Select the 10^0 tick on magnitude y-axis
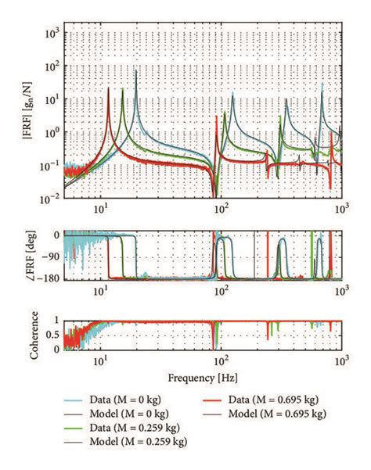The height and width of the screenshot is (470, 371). coord(52,132)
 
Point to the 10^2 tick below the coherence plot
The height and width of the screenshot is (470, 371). coord(222,360)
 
